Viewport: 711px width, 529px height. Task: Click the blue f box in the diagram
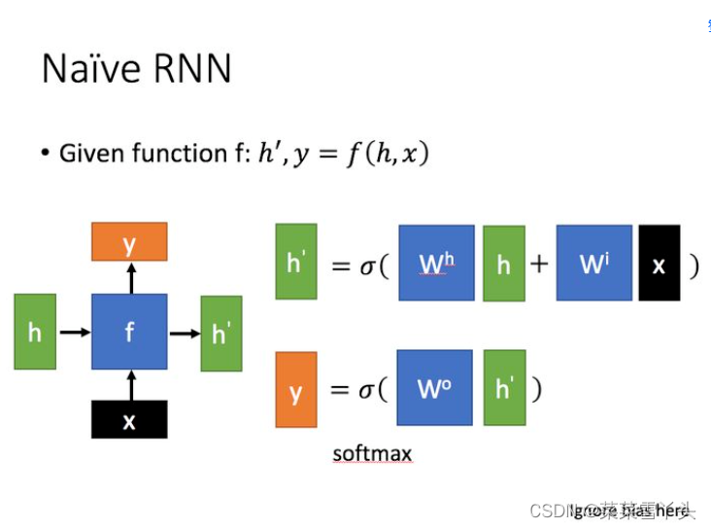click(x=129, y=332)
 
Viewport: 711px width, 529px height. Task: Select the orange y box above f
click(x=129, y=241)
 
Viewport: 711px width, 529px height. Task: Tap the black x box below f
click(x=129, y=419)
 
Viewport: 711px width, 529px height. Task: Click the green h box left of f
click(x=35, y=332)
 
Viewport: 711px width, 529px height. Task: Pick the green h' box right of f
click(x=221, y=334)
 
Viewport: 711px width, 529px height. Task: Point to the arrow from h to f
click(x=74, y=333)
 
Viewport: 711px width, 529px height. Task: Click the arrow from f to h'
click(x=184, y=333)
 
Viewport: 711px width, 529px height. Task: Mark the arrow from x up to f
click(x=129, y=385)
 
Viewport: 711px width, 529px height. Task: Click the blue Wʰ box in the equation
click(x=436, y=264)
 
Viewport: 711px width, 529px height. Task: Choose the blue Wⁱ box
click(x=593, y=264)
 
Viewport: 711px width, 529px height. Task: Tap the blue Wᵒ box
click(x=434, y=389)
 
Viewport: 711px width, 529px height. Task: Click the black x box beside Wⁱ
click(x=659, y=264)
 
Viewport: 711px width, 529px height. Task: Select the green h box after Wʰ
click(x=503, y=264)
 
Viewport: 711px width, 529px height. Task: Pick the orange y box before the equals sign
click(x=296, y=390)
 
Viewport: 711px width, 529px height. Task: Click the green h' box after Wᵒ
click(x=504, y=388)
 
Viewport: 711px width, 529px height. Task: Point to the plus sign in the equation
click(x=539, y=263)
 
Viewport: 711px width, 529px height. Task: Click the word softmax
click(x=372, y=453)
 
